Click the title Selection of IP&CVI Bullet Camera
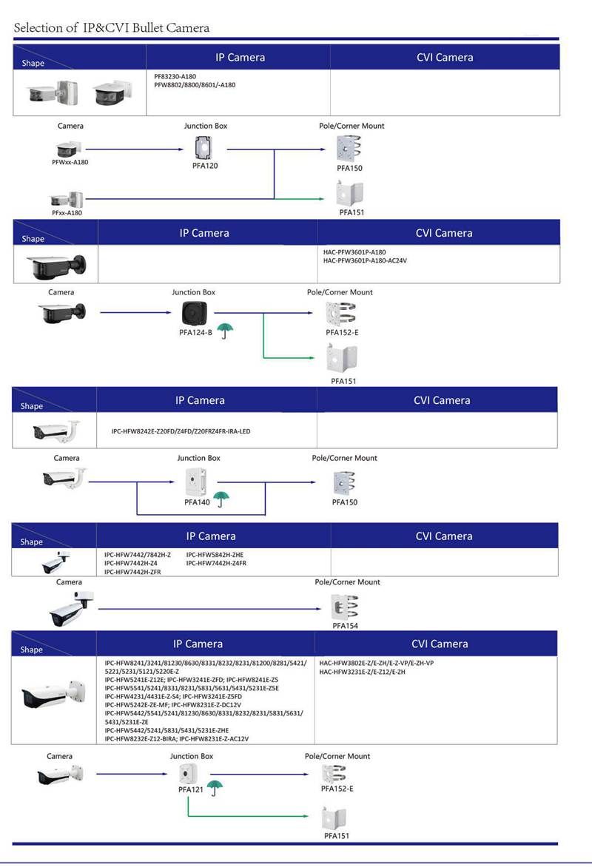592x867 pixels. pos(112,28)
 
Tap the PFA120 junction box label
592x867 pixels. pos(205,166)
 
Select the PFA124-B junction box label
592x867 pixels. pos(195,333)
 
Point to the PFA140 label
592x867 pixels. pos(197,502)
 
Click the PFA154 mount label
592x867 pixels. pos(345,626)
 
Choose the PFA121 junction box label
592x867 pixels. pos(190,790)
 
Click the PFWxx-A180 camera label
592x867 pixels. pos(70,162)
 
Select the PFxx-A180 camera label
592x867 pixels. pos(67,213)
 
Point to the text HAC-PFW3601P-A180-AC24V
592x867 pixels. pos(366,261)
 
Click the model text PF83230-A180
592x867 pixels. pos(175,76)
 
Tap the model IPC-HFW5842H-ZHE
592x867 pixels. pos(215,555)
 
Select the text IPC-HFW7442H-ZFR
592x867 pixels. pos(132,572)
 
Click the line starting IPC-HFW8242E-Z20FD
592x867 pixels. pos(181,431)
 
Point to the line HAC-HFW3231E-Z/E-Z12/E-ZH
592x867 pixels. pos(363,672)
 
